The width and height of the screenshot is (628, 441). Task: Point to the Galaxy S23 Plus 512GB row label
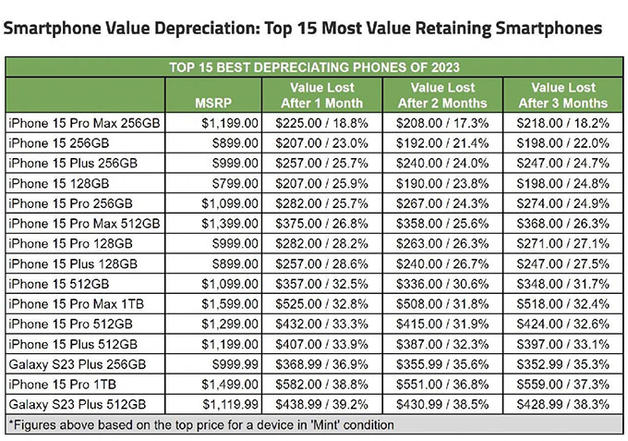click(78, 404)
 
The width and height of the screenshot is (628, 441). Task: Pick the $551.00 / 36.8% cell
click(441, 384)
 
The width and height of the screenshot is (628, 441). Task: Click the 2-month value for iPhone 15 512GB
click(441, 283)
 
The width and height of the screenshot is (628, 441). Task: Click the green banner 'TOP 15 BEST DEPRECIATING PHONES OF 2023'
click(314, 67)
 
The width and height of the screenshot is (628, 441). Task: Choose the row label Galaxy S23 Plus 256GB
click(78, 363)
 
